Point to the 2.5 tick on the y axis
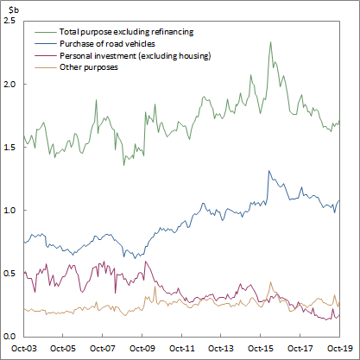(x=9, y=20)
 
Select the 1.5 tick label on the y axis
(x=9, y=148)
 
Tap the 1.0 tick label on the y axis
(x=9, y=211)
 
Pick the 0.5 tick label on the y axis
(x=9, y=274)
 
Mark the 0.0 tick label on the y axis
(x=9, y=337)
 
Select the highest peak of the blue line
(x=270, y=171)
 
